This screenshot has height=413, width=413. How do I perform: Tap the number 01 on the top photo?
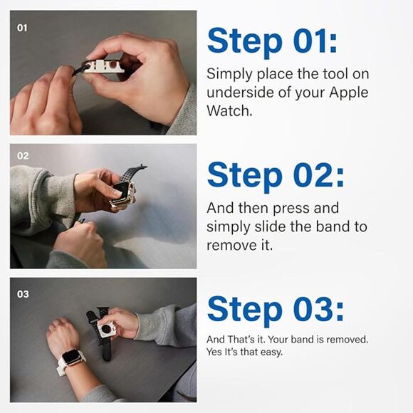point(22,28)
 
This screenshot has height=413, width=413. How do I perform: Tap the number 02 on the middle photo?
point(23,156)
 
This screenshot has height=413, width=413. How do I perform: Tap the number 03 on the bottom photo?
point(23,294)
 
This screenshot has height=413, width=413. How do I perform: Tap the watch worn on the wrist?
point(70,357)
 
